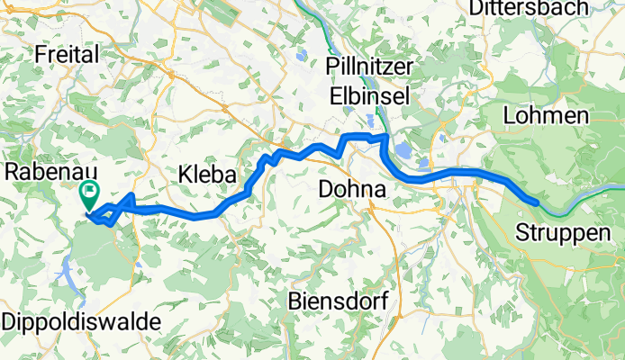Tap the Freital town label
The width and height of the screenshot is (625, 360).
coord(65,55)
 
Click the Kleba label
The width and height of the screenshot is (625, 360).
coord(206,175)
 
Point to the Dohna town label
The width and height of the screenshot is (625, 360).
coord(353,190)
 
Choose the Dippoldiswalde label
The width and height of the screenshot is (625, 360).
coord(82,321)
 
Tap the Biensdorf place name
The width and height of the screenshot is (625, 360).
coord(338,301)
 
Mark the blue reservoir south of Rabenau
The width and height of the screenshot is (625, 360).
coord(68,265)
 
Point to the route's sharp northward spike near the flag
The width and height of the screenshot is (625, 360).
coord(132,195)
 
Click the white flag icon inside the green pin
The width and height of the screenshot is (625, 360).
coord(90,190)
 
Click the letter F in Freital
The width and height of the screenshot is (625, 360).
coord(38,55)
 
